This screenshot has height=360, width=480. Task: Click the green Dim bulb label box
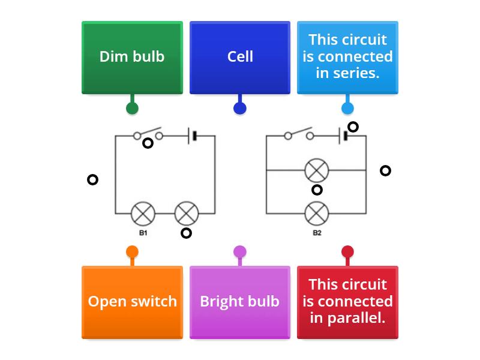(132, 57)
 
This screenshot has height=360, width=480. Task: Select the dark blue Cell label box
(240, 57)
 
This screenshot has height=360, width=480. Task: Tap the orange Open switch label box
(132, 301)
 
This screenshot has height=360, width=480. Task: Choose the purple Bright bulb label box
(240, 301)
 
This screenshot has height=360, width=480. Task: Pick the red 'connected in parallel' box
(347, 301)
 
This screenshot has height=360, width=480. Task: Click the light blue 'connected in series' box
(347, 57)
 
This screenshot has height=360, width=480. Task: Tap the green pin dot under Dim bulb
(132, 108)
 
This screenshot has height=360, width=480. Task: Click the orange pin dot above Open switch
(132, 251)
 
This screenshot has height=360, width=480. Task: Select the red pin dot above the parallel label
(347, 251)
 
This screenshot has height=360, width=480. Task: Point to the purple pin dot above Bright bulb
(240, 251)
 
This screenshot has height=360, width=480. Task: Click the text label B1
(143, 233)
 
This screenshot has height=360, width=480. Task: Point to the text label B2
(317, 233)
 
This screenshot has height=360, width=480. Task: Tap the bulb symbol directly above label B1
(143, 214)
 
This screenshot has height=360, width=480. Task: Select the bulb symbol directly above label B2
(317, 214)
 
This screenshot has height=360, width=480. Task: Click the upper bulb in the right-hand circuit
(317, 171)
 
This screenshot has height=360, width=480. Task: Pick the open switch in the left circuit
(148, 133)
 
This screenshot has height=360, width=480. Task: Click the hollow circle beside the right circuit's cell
(353, 127)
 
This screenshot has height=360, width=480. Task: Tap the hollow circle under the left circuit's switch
(148, 143)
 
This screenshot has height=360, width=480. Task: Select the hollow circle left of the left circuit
(92, 179)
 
